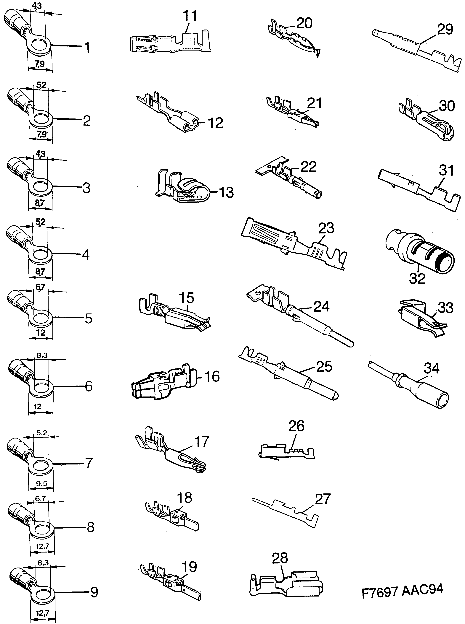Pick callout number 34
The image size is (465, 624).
(x=432, y=368)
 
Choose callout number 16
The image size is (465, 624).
(x=212, y=377)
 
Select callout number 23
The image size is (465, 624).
(x=326, y=228)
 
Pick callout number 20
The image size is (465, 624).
(x=304, y=23)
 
